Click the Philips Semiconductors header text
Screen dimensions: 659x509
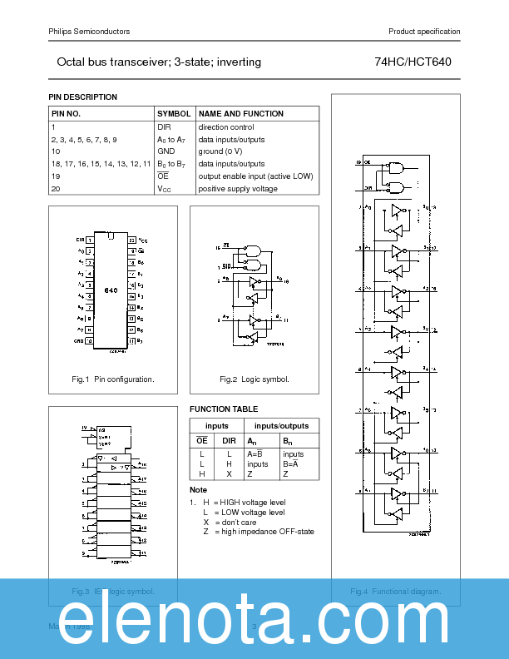89,32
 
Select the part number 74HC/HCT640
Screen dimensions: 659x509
413,62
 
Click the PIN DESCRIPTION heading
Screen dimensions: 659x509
83,97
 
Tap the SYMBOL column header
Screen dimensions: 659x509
174,114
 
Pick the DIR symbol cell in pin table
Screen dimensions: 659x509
164,127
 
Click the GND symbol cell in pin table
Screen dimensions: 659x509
166,151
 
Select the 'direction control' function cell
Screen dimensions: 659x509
227,127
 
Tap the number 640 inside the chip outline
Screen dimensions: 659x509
111,290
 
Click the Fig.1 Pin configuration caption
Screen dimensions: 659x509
113,379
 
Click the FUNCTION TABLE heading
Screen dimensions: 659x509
224,409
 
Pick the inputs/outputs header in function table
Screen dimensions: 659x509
281,426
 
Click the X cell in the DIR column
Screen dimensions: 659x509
229,473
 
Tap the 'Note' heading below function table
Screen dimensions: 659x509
198,490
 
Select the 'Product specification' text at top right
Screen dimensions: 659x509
423,32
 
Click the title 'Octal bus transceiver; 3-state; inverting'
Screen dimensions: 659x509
159,62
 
